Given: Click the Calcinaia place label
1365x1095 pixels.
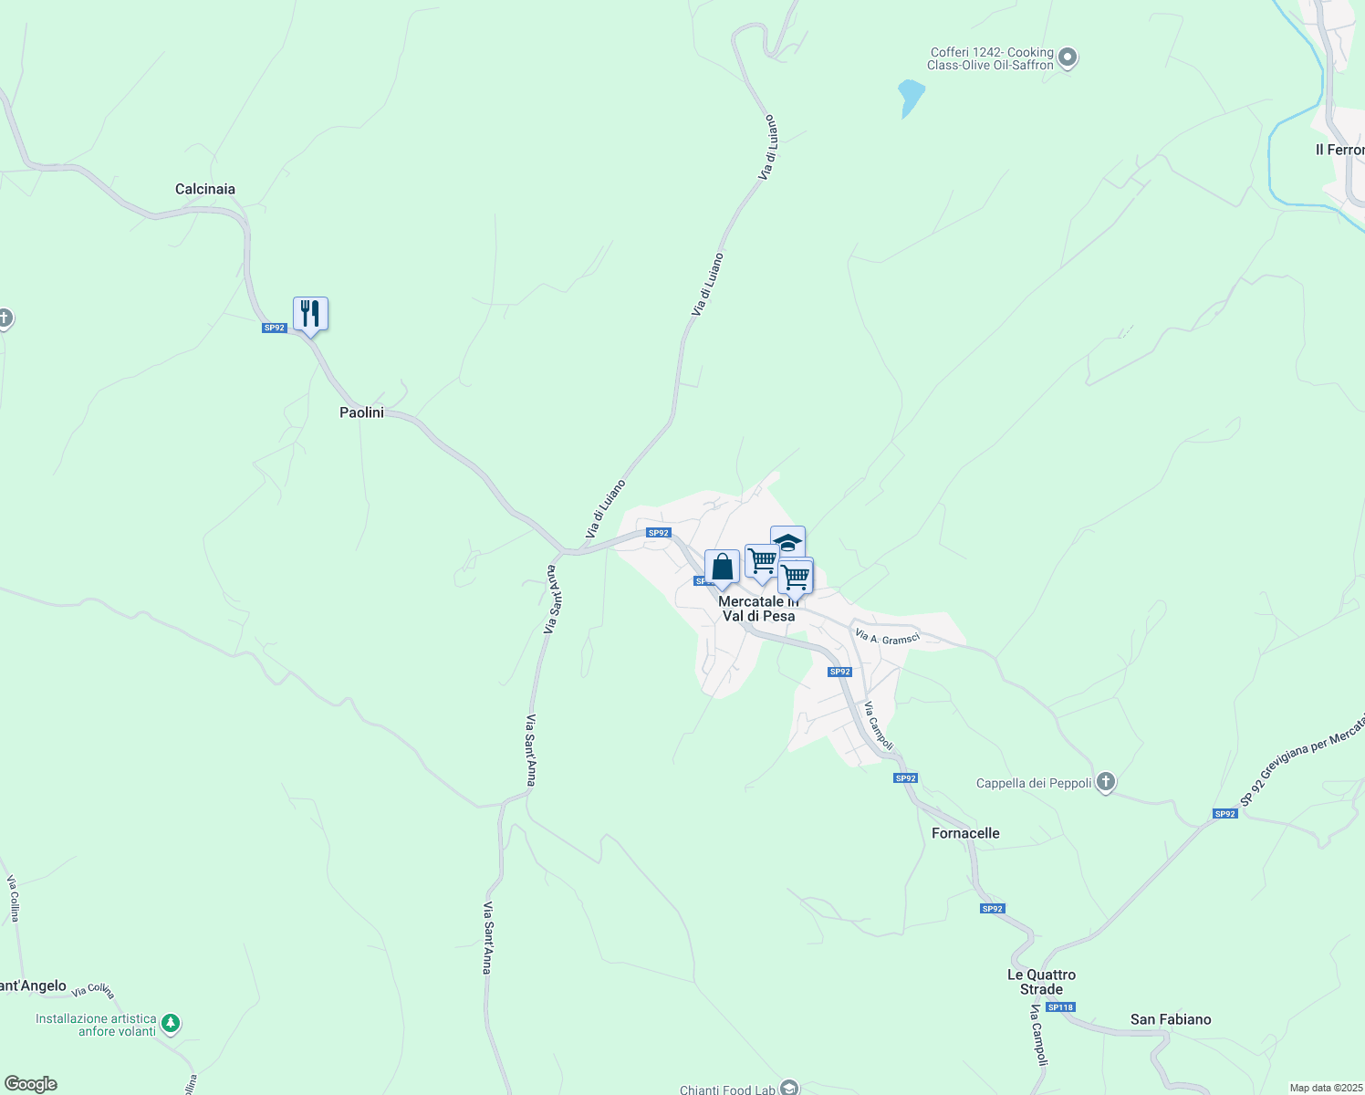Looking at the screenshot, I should tap(205, 189).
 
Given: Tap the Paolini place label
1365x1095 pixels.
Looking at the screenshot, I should tap(361, 412).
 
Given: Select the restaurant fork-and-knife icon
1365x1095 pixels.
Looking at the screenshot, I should tap(310, 314).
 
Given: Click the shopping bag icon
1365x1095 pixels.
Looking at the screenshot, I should tap(722, 568).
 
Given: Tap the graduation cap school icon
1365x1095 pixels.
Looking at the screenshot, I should tap(787, 541).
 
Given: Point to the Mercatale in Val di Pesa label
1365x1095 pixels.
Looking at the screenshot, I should tap(758, 609).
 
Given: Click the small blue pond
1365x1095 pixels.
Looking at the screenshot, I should tap(910, 96).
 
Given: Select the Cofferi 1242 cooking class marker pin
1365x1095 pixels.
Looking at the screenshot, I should tap(1068, 58).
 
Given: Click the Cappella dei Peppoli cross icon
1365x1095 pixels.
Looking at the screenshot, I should tap(1106, 782).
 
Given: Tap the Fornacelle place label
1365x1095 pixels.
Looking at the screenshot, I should tap(965, 833).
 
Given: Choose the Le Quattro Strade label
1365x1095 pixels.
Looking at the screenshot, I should tap(1041, 982).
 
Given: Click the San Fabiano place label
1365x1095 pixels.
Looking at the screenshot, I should tap(1171, 1019).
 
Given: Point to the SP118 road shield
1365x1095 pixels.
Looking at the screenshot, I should tap(1061, 1007).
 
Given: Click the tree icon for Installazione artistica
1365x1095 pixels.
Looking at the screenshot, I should tap(171, 1025).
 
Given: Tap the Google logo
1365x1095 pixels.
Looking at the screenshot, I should tap(30, 1084).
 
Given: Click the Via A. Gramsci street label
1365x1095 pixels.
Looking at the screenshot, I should tap(887, 637).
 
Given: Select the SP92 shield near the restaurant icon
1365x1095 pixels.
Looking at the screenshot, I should tap(274, 328).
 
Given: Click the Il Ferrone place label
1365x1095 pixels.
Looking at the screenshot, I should tap(1339, 150).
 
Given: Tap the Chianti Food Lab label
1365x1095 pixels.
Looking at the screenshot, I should tap(727, 1090).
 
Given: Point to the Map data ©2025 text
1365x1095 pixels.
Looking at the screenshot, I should tap(1324, 1088).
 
